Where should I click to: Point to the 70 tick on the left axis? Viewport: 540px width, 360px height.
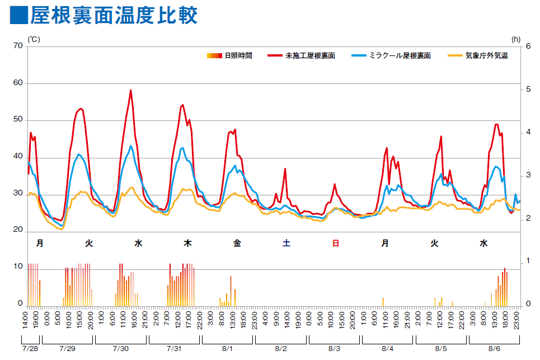[x=17, y=46]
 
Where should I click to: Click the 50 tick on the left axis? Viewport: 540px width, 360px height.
[x=17, y=120]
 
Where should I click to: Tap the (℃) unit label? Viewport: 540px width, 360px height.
[x=34, y=39]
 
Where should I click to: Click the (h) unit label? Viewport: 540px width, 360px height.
[x=515, y=39]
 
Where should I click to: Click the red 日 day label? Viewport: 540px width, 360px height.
[x=336, y=244]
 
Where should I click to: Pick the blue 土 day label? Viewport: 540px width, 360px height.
[x=287, y=244]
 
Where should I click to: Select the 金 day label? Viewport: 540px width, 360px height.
[x=237, y=244]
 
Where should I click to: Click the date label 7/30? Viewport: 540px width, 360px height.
[x=120, y=348]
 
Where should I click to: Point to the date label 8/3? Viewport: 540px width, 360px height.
[x=334, y=348]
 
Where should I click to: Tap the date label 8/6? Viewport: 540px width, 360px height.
[x=494, y=348]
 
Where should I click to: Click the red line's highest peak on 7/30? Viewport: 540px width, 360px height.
[x=131, y=90]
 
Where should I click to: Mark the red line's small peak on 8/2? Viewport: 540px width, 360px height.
[x=285, y=169]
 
